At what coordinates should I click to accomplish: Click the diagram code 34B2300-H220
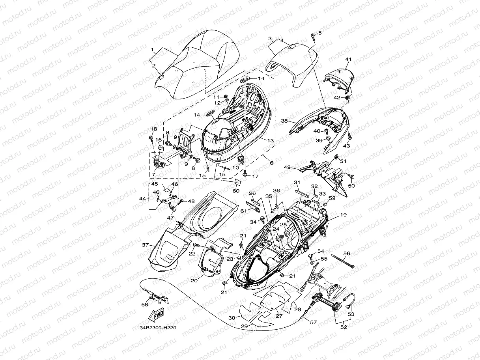158,328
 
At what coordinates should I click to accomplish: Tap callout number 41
348,60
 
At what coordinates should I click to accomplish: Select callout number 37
146,245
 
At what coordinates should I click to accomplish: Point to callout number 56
347,253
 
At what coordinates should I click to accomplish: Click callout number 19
344,215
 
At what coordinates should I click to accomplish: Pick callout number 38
284,121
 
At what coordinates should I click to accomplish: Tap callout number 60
236,191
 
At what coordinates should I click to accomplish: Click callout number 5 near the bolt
320,33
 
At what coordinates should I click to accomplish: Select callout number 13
271,140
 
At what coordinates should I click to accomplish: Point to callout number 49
287,167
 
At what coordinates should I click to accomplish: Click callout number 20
194,280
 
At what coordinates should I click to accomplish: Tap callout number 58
145,304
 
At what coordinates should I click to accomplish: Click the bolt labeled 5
312,37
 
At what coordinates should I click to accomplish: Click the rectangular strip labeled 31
302,194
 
